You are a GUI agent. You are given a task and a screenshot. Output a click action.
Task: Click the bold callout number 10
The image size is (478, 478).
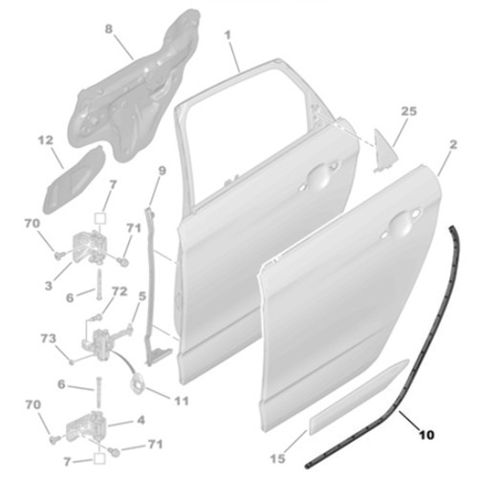426,435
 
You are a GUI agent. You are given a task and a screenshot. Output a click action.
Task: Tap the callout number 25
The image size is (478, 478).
409,111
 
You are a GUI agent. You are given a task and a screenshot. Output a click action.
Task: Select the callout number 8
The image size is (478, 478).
109,29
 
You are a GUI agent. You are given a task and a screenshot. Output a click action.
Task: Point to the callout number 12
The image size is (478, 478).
46,141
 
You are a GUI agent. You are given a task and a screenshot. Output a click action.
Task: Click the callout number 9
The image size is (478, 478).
163,171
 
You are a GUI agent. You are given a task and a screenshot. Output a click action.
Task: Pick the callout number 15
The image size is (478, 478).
277,459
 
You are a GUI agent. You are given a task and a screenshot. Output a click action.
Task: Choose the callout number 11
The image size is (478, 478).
182,401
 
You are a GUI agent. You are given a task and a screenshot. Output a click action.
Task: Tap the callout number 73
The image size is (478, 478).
49,338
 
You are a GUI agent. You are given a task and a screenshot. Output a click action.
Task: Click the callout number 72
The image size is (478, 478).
119,292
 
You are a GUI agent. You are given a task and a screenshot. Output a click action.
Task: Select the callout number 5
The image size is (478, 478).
142,296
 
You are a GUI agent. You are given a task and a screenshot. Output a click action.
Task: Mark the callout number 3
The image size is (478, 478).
49,286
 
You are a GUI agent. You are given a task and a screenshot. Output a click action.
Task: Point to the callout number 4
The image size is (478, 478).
141,420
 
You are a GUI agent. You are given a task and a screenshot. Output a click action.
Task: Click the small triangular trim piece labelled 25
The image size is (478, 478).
385,150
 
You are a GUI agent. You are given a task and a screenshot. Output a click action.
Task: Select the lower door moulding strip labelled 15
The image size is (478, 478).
358,397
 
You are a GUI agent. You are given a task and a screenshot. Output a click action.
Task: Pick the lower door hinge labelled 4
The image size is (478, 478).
84,427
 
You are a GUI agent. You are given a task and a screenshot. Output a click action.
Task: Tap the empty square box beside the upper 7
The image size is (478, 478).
99,218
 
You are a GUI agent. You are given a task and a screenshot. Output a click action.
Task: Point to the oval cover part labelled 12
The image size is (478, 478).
73,182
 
